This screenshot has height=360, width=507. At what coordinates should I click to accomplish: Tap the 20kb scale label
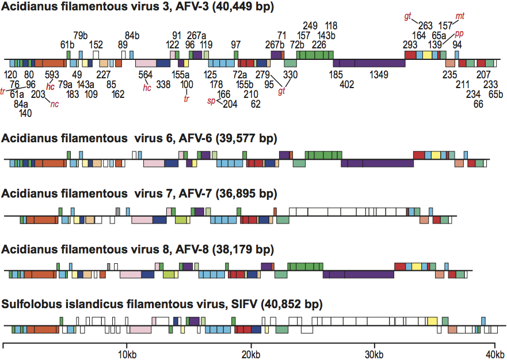click(x=250, y=353)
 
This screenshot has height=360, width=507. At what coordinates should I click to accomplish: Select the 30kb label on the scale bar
click(x=374, y=353)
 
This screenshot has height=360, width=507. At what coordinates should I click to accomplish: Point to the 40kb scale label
click(x=495, y=353)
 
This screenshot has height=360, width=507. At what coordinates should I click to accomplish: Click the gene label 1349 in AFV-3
click(x=379, y=74)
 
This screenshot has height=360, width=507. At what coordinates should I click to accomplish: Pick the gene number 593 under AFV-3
click(x=52, y=74)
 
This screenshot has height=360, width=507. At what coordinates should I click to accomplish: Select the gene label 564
click(x=146, y=74)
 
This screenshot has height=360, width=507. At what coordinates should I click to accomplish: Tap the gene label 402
click(x=347, y=84)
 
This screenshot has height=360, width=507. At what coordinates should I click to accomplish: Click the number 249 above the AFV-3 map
click(x=310, y=26)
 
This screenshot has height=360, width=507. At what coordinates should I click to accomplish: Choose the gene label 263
click(x=425, y=26)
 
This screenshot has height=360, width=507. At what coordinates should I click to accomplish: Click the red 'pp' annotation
click(x=459, y=34)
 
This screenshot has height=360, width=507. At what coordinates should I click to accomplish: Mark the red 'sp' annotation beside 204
click(x=212, y=101)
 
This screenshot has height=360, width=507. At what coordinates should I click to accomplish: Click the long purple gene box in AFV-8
click(x=358, y=274)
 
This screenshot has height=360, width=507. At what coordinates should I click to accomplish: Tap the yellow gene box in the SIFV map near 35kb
click(x=431, y=321)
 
